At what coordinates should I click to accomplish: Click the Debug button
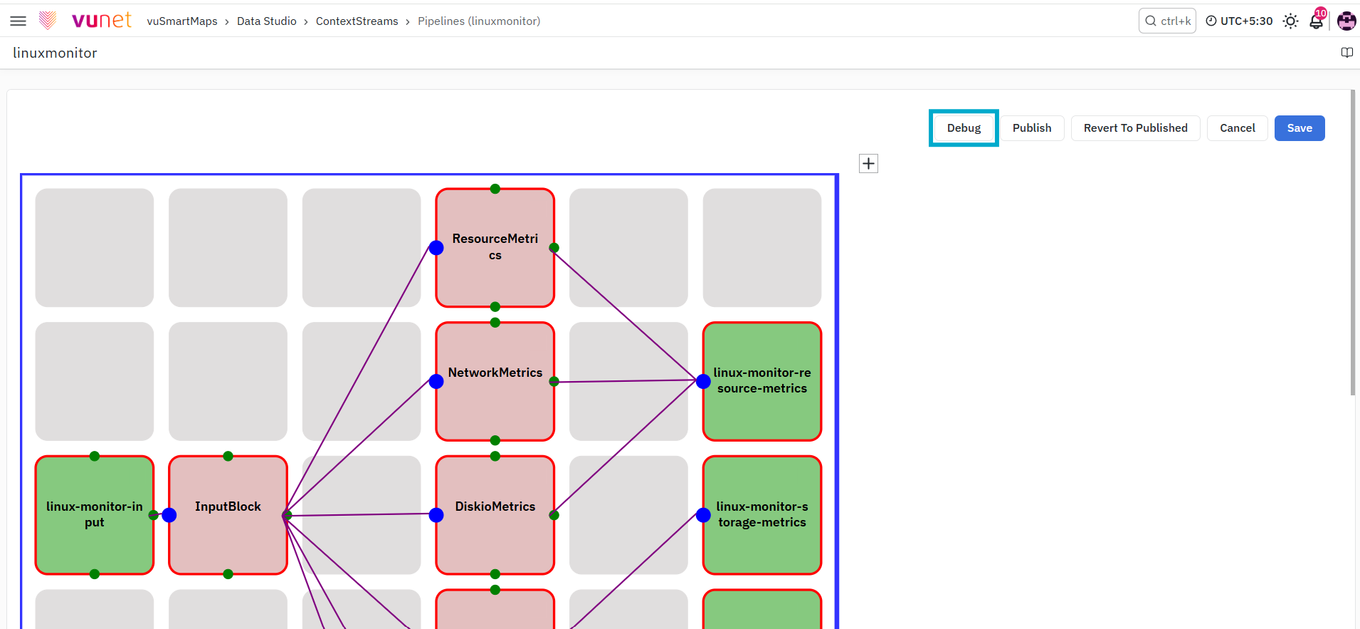pos(964,128)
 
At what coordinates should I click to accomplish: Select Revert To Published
pos(1135,128)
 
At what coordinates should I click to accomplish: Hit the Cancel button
pos(1237,128)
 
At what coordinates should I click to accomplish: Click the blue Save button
pos(1299,128)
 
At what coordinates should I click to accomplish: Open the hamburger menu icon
pos(19,21)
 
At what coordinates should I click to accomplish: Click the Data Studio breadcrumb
pos(267,21)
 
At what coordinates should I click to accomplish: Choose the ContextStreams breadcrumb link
pos(357,21)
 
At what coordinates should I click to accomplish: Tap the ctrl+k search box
pos(1167,21)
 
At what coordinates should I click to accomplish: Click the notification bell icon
pos(1316,21)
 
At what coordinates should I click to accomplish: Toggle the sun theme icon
pos(1290,21)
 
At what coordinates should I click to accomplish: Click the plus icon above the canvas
pos(868,164)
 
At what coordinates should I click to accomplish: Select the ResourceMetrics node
pos(495,248)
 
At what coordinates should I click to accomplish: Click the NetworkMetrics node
pos(495,382)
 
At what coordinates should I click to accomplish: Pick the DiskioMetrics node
pos(495,515)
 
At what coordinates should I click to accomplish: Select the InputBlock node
pos(228,515)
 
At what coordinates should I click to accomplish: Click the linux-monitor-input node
pos(95,515)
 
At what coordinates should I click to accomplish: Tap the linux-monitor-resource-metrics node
pos(762,382)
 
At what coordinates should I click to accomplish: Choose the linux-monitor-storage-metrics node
pos(762,515)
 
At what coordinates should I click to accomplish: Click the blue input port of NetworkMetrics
pos(436,382)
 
